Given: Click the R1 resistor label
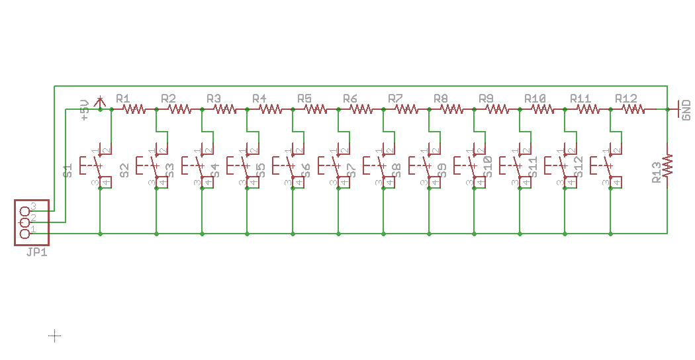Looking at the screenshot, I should [x=123, y=99].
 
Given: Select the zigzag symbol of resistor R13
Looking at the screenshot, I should [x=667, y=165].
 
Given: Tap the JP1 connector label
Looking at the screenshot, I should [x=37, y=252].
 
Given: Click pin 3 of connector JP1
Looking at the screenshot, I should [x=26, y=210].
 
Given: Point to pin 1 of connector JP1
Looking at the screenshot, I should [x=26, y=233].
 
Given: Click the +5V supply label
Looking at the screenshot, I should [x=84, y=110].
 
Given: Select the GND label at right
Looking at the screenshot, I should [x=686, y=110].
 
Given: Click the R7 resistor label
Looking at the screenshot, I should [x=396, y=99].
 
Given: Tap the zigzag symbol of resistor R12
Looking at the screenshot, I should [x=632, y=109].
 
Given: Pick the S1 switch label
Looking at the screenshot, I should [x=68, y=170].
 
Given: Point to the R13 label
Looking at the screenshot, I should [x=656, y=170].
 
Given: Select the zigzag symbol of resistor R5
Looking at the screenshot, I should [x=314, y=109].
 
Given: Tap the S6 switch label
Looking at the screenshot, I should [x=306, y=170].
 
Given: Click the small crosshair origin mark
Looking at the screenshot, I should [x=55, y=336].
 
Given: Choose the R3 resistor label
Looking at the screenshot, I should [x=214, y=99].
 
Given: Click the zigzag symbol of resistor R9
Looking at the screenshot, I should [x=496, y=109].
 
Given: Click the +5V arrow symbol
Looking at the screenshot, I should [x=100, y=101].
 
